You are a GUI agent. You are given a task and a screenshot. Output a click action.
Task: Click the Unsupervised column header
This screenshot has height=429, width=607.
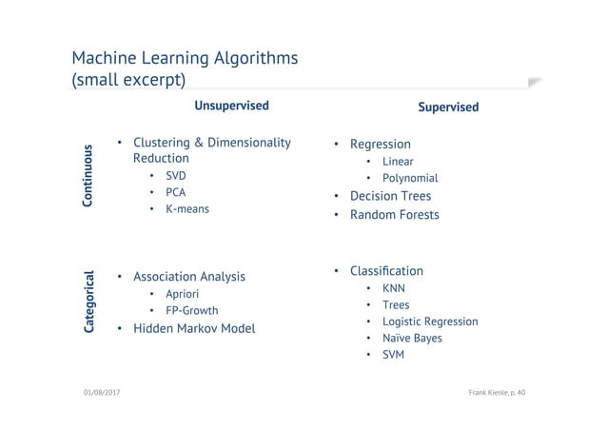coord(231,106)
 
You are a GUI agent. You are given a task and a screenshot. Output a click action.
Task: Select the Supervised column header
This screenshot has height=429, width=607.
coord(448,107)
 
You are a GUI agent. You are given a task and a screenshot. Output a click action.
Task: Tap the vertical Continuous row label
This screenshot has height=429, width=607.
coord(88,176)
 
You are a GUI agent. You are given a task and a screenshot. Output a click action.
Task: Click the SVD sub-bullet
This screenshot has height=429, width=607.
coord(176,177)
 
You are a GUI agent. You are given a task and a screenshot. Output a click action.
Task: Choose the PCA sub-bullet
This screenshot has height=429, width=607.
coord(176,192)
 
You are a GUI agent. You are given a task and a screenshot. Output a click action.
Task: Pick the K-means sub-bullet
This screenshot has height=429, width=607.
coord(186,208)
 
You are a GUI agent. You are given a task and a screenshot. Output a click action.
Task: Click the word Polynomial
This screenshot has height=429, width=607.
coord(410,178)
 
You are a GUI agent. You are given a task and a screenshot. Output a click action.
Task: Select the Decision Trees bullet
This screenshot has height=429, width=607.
coord(390,196)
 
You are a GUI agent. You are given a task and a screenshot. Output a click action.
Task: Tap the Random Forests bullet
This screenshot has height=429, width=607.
coord(394,215)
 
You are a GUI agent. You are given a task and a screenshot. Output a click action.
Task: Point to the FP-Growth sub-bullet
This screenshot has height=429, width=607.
coord(191,310)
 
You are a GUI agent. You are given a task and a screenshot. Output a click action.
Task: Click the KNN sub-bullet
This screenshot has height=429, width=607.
coord(394,287)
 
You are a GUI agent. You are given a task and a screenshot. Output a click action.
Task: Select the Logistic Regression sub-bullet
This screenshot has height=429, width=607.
coord(430,322)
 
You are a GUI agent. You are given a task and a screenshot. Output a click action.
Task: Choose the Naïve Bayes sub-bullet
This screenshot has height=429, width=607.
coord(412,338)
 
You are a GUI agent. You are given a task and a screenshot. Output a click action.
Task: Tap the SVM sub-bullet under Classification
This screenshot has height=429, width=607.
coord(394,355)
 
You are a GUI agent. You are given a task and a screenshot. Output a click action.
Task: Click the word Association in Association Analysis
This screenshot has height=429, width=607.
coord(163,277)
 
